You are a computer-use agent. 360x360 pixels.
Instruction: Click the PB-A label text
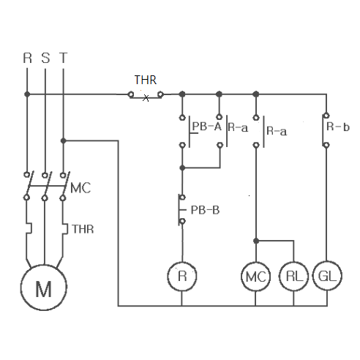pos(207,127)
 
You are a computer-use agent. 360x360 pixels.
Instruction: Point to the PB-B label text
pos(205,210)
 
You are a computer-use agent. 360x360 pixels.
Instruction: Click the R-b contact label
pos(338,127)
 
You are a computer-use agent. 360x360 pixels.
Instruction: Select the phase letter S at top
pos(45,58)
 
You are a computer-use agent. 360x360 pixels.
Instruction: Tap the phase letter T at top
pos(63,58)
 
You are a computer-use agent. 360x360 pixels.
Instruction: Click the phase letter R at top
pos(27,58)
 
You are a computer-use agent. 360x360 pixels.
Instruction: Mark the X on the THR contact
pos(146,98)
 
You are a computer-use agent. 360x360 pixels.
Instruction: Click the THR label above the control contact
pos(146,80)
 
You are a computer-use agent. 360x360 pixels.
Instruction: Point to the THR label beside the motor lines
pos(83,229)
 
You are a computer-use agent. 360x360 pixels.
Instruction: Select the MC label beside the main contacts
pos(80,188)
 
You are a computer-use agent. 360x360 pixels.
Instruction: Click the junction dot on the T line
pos(64,140)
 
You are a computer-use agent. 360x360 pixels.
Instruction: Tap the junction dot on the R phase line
pos(27,94)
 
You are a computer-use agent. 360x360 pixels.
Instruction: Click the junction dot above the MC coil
pos(256,241)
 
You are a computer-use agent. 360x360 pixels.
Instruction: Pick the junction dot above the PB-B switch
pos(182,168)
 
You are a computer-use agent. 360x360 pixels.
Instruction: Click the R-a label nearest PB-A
pos(238,127)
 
